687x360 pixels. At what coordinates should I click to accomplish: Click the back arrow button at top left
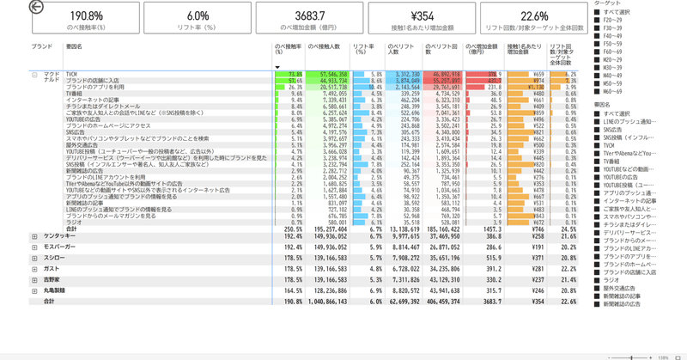(x=36, y=8)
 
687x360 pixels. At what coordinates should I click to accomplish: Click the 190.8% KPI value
(x=86, y=15)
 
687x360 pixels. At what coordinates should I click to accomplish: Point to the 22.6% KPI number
(x=534, y=15)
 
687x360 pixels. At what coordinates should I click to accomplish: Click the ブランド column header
(x=42, y=46)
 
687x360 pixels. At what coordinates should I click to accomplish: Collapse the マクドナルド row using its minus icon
(x=35, y=75)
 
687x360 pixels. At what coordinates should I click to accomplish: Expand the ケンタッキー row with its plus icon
(x=35, y=235)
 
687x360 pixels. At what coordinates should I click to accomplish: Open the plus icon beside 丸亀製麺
(x=35, y=290)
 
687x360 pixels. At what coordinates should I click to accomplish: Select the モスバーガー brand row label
(x=59, y=247)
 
